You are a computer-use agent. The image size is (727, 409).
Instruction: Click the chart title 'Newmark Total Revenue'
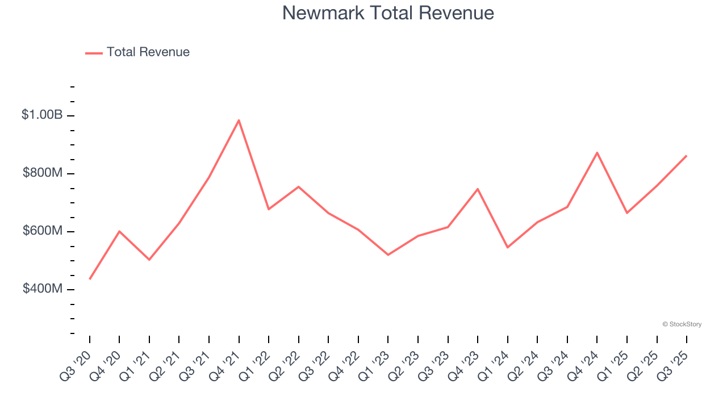(388, 13)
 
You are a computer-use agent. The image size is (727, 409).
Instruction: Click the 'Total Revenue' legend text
(148, 52)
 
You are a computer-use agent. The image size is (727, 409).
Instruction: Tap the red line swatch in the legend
(94, 53)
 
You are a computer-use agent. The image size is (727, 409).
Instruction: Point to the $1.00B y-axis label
(42, 115)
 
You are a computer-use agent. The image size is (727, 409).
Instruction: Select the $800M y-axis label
(43, 173)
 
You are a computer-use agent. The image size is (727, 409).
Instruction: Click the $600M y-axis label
(43, 231)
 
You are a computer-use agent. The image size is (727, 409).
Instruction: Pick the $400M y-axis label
(43, 289)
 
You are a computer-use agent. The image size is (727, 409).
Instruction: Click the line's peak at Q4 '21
(239, 120)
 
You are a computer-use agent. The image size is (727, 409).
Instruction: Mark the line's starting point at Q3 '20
(90, 279)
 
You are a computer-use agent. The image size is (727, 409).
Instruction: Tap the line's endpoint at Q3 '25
(687, 156)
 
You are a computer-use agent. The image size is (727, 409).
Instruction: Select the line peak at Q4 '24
(597, 152)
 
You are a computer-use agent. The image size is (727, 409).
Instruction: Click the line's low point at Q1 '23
(388, 254)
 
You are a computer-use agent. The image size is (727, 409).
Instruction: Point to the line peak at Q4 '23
(478, 189)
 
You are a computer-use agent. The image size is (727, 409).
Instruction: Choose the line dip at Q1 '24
(508, 247)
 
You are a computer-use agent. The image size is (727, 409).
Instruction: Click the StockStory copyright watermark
(682, 324)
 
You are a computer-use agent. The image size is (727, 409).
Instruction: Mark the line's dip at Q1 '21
(149, 260)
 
